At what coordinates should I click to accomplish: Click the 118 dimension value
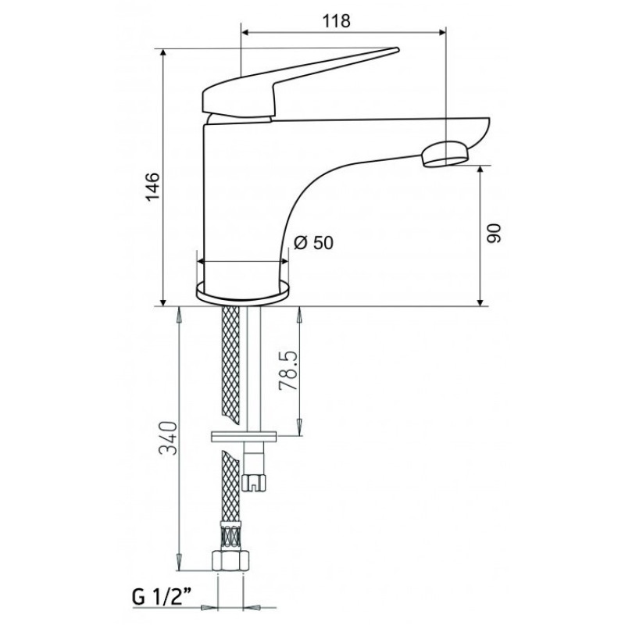(337, 21)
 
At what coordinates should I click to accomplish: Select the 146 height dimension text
(153, 187)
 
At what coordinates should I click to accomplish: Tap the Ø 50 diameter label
(313, 242)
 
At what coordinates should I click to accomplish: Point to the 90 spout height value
(494, 234)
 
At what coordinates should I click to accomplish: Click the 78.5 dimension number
(288, 370)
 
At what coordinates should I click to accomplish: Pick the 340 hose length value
(167, 437)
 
